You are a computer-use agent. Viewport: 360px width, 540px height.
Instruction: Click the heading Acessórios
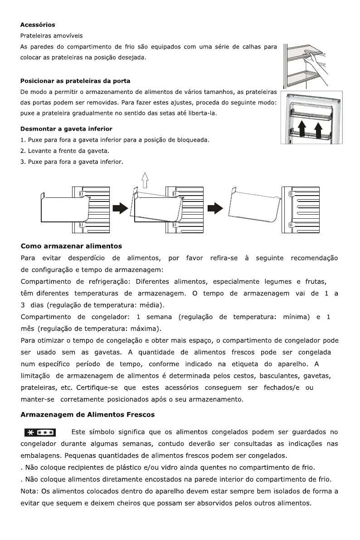coord(38,25)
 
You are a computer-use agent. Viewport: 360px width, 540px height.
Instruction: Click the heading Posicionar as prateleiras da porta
coord(75,81)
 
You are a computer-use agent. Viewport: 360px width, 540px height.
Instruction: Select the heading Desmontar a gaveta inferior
coord(66,129)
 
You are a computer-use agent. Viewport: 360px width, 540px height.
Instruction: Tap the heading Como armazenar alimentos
coord(71,246)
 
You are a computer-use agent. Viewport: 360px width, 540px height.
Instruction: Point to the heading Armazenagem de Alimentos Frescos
coord(88,414)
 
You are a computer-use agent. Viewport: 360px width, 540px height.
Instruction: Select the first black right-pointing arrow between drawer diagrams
coord(120,208)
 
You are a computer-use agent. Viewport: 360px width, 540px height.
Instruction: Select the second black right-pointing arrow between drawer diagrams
coord(214,208)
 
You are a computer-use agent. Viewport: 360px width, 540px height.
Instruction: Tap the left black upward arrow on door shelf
coord(302,128)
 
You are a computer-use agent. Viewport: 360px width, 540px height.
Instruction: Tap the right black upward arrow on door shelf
coord(318,128)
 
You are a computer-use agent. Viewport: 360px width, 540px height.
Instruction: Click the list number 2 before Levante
coord(23,151)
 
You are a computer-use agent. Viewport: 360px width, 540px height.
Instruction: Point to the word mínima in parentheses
coord(296,316)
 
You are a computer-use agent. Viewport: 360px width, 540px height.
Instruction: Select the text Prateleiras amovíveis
coord(52,35)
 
